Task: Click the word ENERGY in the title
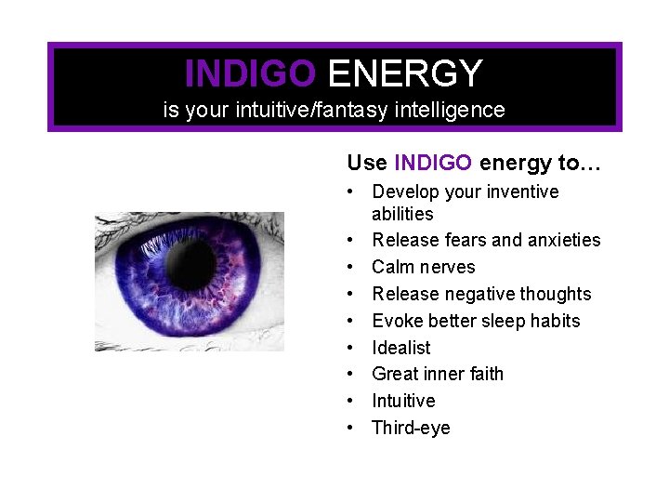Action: [x=405, y=73]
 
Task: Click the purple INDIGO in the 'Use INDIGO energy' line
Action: [x=433, y=164]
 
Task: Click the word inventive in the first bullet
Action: [x=518, y=192]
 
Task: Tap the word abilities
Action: [x=402, y=214]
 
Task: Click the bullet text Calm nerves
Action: [x=423, y=268]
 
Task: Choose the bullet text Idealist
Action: [x=401, y=348]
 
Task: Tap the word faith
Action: [x=482, y=374]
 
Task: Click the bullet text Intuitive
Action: [x=403, y=401]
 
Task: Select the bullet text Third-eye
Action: [x=411, y=428]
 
